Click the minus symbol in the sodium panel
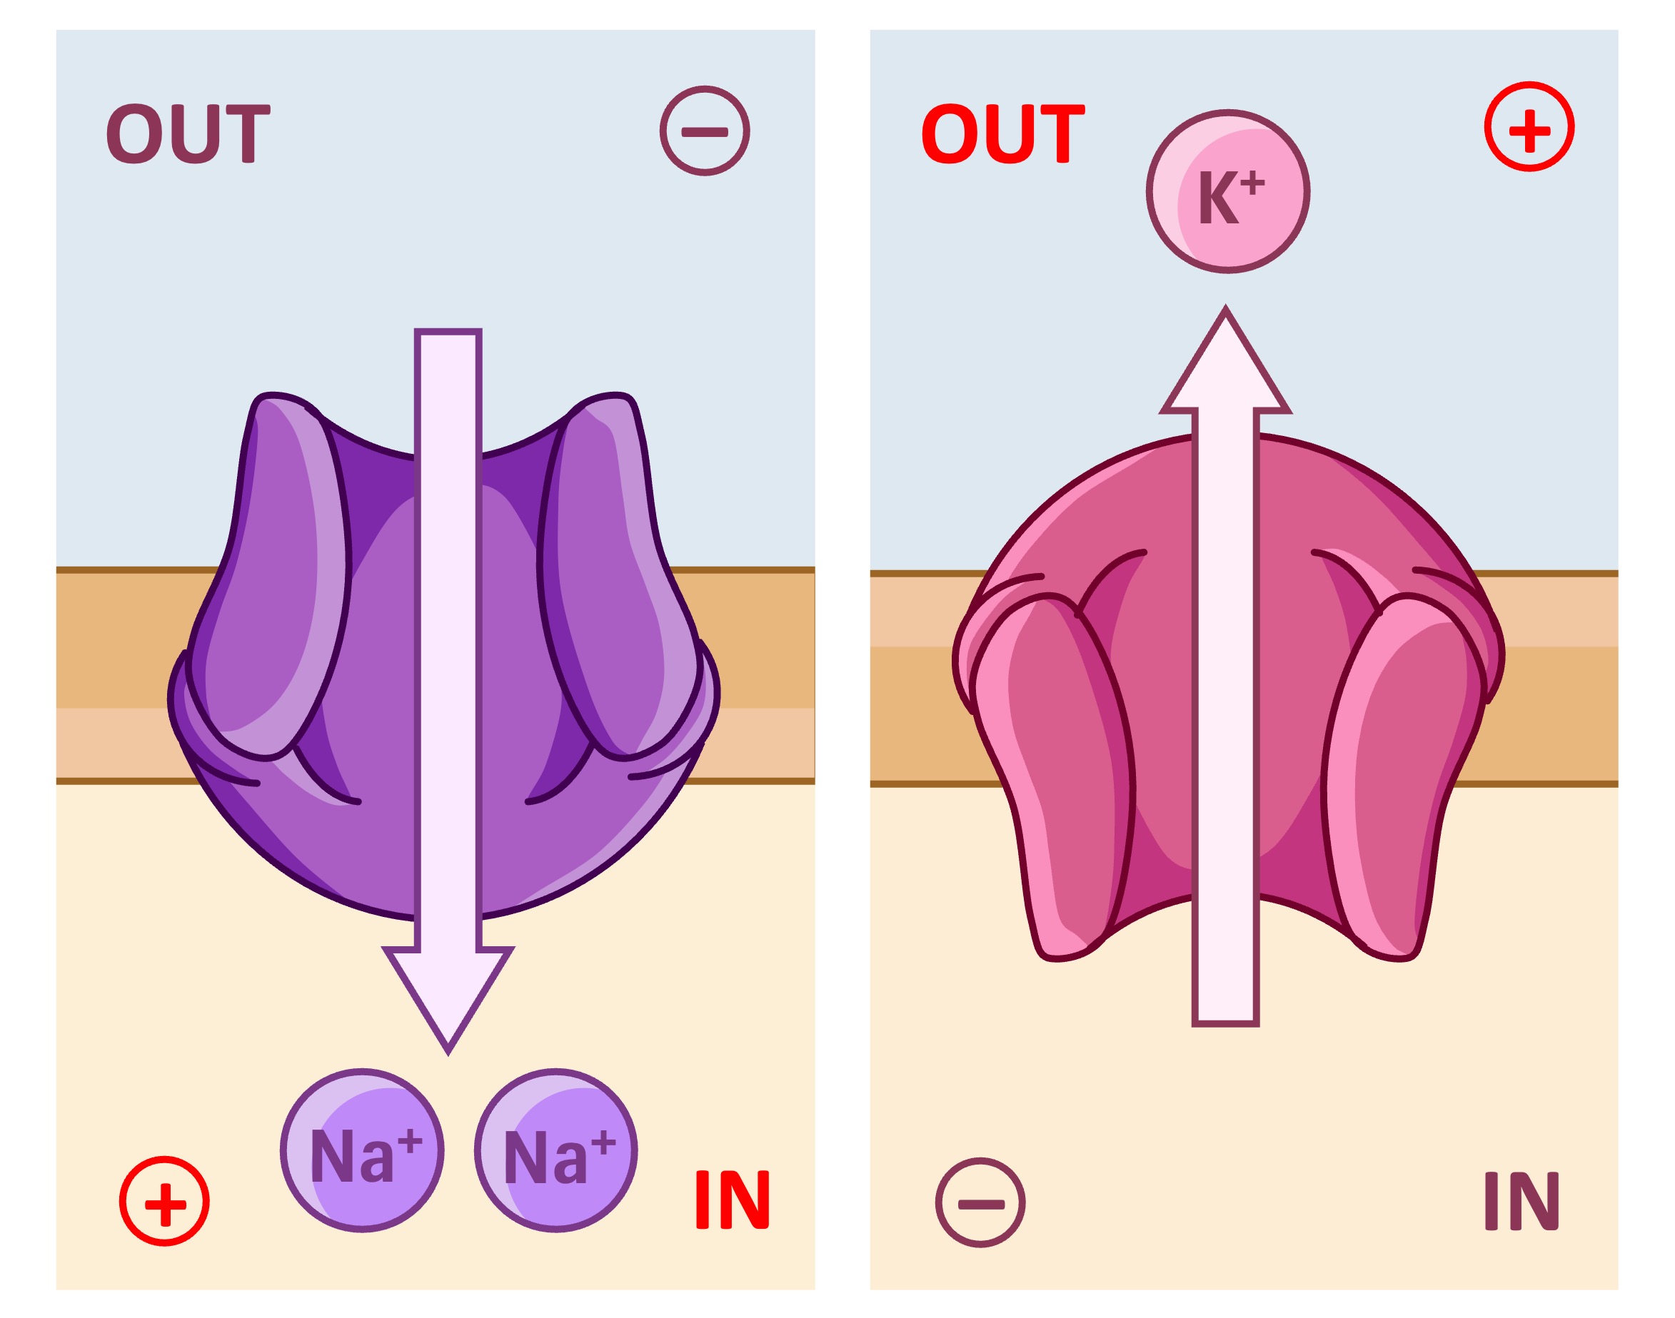pos(704,131)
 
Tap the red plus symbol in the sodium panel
pos(164,1202)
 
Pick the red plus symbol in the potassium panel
pos(1529,126)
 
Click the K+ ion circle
pos(1227,191)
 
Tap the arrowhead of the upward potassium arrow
pos(1226,363)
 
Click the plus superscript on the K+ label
pos(1253,183)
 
